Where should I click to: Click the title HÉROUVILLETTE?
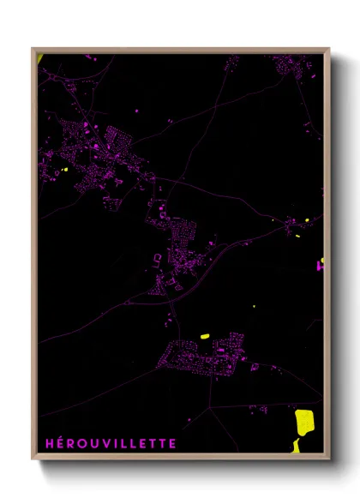coord(111,443)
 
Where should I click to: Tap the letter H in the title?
coord(49,443)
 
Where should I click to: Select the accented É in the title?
coord(60,443)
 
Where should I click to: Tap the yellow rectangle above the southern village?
coord(205,335)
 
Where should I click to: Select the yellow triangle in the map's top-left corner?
coord(40,57)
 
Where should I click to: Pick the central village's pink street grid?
coord(176,244)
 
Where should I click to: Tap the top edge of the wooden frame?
coord(180,50)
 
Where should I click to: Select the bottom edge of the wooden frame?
coord(180,457)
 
